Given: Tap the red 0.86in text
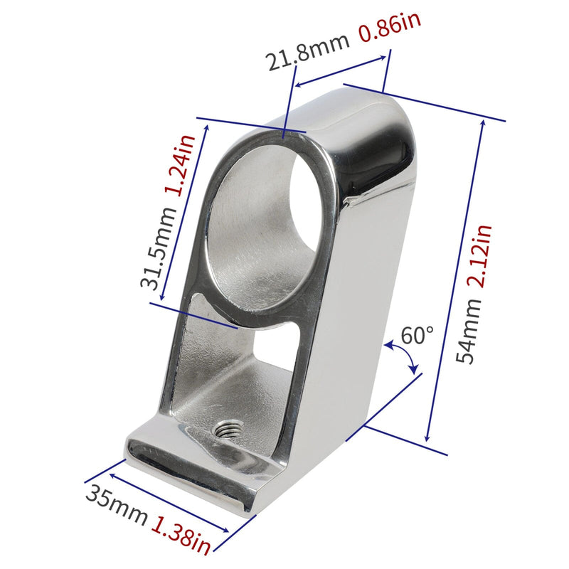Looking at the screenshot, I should (390, 27).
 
